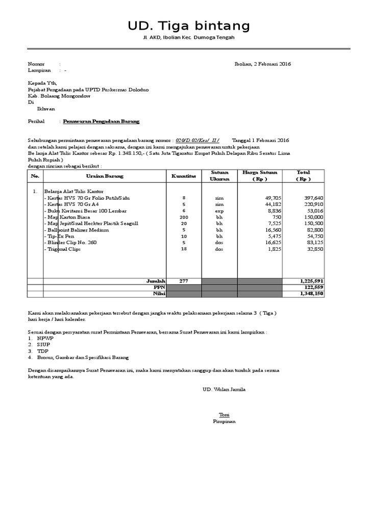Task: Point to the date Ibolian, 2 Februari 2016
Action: [x=262, y=64]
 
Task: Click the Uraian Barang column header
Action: [x=105, y=176]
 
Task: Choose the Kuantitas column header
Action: [x=184, y=176]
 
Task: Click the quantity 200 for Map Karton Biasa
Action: [x=184, y=217]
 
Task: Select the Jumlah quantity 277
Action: [x=184, y=281]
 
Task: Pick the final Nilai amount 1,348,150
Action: [x=311, y=294]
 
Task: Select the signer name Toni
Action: [x=224, y=414]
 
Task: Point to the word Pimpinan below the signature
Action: [x=224, y=421]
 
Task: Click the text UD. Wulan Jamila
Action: [x=224, y=389]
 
